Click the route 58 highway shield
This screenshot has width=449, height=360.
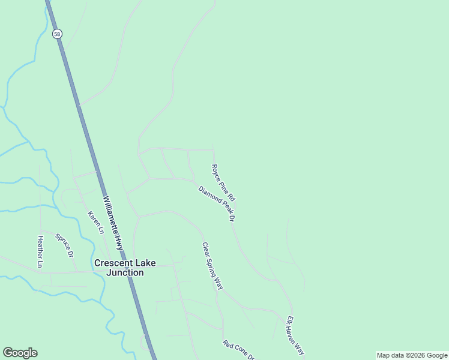[57, 34]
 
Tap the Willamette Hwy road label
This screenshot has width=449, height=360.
[112, 223]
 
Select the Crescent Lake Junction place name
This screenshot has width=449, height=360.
[119, 268]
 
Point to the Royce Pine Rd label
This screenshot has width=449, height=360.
[223, 182]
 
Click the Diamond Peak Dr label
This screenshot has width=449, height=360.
[217, 203]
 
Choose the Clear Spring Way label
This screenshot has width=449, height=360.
[212, 266]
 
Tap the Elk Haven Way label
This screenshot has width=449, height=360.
[296, 335]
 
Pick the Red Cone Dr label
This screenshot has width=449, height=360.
[239, 351]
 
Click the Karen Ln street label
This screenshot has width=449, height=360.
[96, 223]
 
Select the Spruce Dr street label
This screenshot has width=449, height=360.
[64, 245]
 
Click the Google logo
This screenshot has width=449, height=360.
[20, 353]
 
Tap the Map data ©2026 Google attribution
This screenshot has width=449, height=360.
[412, 355]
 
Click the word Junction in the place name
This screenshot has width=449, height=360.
[125, 272]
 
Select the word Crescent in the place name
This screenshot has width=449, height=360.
[113, 263]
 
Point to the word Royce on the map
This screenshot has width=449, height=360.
[216, 172]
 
